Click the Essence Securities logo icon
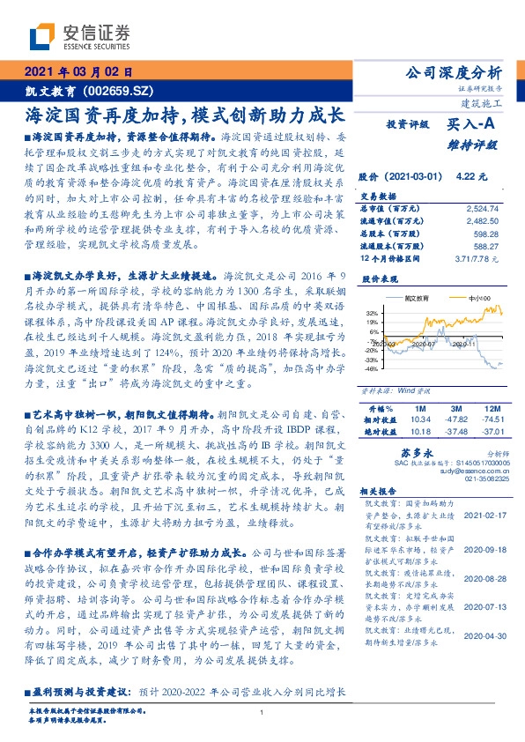coord(43,37)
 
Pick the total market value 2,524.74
coord(482,208)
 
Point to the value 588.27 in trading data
coord(485,249)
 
